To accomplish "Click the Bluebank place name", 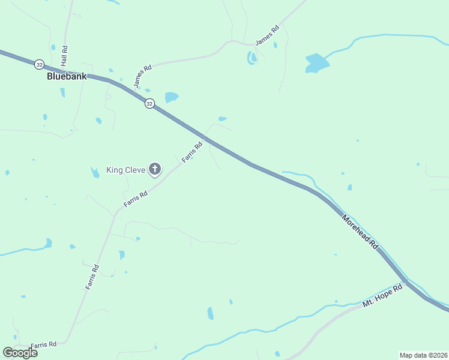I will click(67, 77).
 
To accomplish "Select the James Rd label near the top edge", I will click(268, 35).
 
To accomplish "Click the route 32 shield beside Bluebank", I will click(39, 64).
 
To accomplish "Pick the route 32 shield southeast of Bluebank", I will click(149, 103).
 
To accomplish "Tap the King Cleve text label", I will click(126, 170).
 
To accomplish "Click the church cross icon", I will click(155, 170).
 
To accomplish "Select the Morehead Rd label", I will click(360, 232).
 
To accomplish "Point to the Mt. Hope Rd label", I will click(382, 296).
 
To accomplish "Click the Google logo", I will click(20, 352).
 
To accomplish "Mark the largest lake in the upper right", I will click(316, 62).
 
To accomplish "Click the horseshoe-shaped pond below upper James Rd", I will click(252, 58).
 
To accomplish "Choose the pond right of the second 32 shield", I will click(172, 97).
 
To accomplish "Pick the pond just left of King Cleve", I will click(95, 173).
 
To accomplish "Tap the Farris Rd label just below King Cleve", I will click(136, 199).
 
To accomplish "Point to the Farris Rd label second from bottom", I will click(92, 277).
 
